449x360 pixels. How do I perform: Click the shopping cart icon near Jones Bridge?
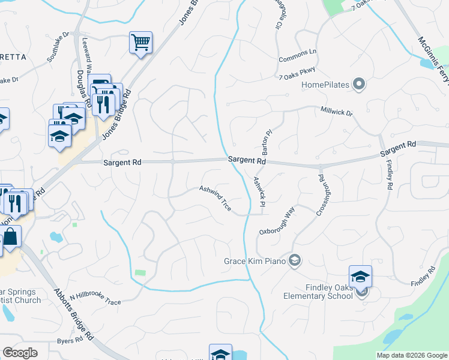pos(140,43)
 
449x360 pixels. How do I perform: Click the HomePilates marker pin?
pos(359,84)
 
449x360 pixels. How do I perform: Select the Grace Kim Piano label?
pos(255,261)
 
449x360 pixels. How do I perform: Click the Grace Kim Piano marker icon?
pos(294,260)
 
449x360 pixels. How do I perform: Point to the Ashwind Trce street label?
pos(215,197)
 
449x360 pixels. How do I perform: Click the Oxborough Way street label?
pos(277,222)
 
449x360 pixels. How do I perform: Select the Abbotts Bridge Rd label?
pos(74,312)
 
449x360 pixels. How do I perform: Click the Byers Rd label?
pos(70,340)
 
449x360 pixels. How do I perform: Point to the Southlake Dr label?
pos(59,47)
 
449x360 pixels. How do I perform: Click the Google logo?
pos(20,353)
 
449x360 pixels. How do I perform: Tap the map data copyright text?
pos(412,355)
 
